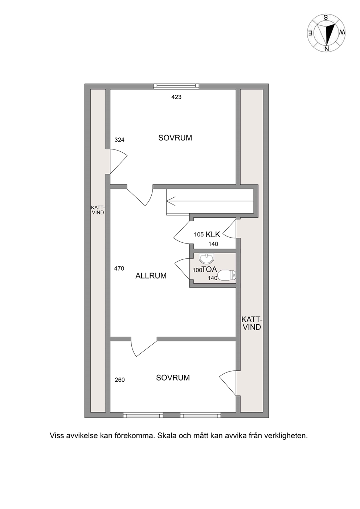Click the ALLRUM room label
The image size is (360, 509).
click(151, 276)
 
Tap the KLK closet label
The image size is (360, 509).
click(213, 234)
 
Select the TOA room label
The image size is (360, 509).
click(209, 269)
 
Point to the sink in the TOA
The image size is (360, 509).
click(206, 258)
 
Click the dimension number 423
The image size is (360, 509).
click(176, 97)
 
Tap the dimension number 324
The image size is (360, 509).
click(119, 140)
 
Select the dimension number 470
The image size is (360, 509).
click(119, 268)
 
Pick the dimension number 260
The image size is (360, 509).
click(120, 380)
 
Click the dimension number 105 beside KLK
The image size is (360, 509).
click(199, 234)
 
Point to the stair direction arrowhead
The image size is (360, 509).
click(171, 201)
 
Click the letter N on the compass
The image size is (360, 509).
click(327, 48)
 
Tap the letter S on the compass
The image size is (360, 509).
click(326, 17)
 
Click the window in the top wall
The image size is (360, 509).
click(176, 86)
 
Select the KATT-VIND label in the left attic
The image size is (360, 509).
click(98, 210)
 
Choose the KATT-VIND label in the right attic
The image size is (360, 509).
click(251, 323)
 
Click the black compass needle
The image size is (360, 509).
click(331, 34)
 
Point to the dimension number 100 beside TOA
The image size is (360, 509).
click(197, 270)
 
